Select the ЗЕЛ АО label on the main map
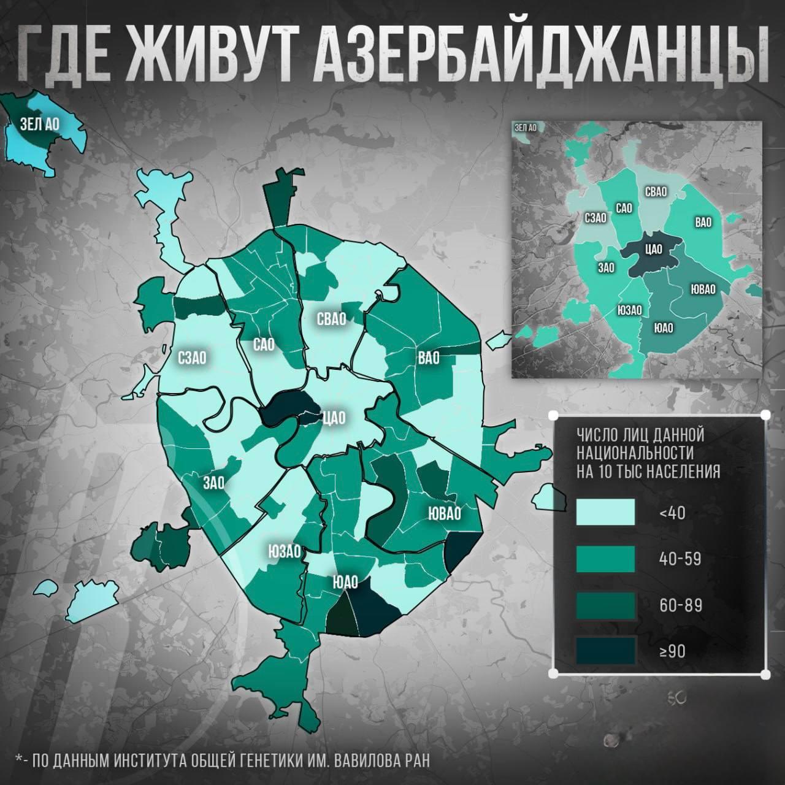[x=39, y=123]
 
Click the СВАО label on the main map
[x=332, y=319]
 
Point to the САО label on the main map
[x=268, y=345]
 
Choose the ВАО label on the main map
[x=429, y=358]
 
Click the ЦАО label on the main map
[x=334, y=418]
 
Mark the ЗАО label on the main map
[x=213, y=483]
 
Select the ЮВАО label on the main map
[x=444, y=512]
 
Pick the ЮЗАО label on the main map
[x=285, y=551]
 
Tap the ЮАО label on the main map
[x=345, y=581]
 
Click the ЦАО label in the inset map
[x=653, y=248]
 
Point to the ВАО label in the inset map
[x=703, y=222]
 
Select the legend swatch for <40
[x=606, y=511]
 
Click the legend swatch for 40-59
[x=606, y=559]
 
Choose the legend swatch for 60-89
[x=606, y=605]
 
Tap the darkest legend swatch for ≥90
[x=606, y=651]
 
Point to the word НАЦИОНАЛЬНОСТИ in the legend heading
[x=635, y=454]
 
